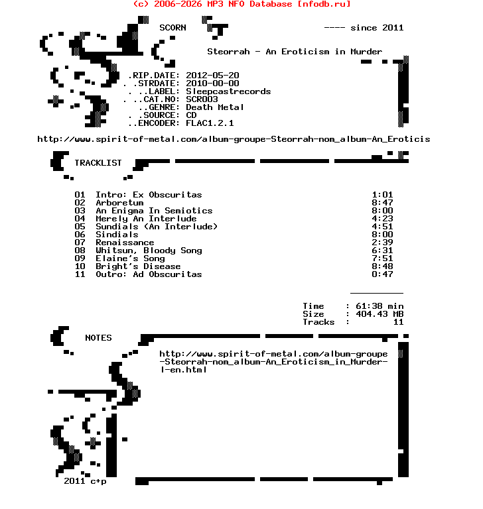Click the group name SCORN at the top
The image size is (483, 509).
[x=172, y=28]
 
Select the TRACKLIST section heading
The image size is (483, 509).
[x=98, y=163]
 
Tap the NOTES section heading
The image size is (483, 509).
[x=98, y=338]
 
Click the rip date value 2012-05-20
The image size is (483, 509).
[x=212, y=76]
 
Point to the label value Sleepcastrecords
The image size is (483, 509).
[x=228, y=91]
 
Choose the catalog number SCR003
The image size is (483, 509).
[x=202, y=99]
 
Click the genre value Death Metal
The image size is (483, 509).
[x=215, y=107]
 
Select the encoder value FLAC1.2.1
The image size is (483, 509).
[x=210, y=123]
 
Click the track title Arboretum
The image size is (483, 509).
[x=119, y=203]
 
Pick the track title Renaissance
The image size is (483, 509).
[x=125, y=243]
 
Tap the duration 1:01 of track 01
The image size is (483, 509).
[x=383, y=195]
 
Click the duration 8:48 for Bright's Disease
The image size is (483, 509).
[x=383, y=266]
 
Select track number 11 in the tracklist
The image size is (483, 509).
[x=80, y=274]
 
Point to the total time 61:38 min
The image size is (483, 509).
[x=379, y=306]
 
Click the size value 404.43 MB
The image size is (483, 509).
[x=379, y=314]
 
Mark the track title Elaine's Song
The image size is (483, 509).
[x=130, y=258]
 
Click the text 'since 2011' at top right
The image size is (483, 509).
[x=377, y=28]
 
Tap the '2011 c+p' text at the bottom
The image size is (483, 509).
[x=85, y=481]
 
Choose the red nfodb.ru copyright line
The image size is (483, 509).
[x=241, y=4]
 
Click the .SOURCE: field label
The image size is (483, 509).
[x=159, y=115]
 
